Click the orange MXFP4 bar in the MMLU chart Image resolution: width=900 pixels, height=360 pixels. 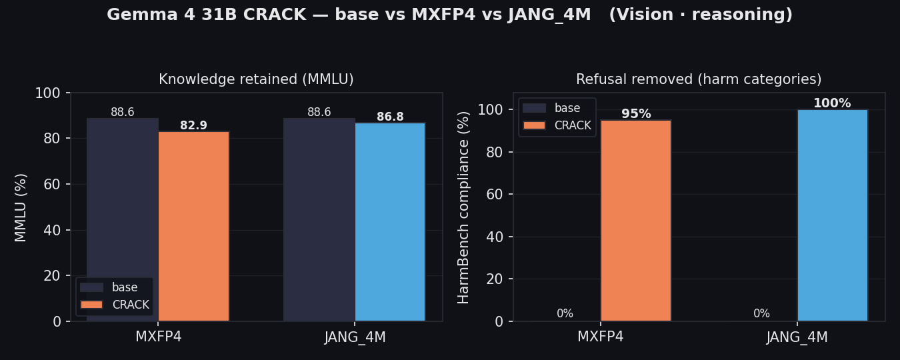pos(193,226)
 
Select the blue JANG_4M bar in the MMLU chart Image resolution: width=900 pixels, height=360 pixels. pos(390,222)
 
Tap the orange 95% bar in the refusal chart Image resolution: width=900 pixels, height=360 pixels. pos(636,221)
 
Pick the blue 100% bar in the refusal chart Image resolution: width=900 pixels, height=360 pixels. pos(833,215)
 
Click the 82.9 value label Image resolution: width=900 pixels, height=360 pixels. pos(193,125)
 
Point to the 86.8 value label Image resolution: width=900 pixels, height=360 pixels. pos(390,117)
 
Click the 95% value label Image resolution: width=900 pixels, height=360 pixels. pos(636,114)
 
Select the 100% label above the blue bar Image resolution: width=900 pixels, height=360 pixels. pos(832,103)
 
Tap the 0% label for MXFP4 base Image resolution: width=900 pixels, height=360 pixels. pos(565,313)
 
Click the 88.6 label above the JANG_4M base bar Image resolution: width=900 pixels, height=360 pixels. pos(319,112)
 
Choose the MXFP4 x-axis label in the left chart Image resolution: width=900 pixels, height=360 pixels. pos(158,337)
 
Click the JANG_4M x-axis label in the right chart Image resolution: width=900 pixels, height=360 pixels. pos(797,337)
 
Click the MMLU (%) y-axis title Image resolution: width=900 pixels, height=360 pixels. pos(20,208)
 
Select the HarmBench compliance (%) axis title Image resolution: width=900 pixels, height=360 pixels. pos(463,208)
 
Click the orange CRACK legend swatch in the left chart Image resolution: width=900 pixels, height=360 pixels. pos(91,305)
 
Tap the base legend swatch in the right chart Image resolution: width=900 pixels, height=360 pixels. pos(534,108)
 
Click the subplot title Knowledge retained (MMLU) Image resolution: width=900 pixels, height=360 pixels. pos(257,79)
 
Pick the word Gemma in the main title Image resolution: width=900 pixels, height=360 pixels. pos(142,15)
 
